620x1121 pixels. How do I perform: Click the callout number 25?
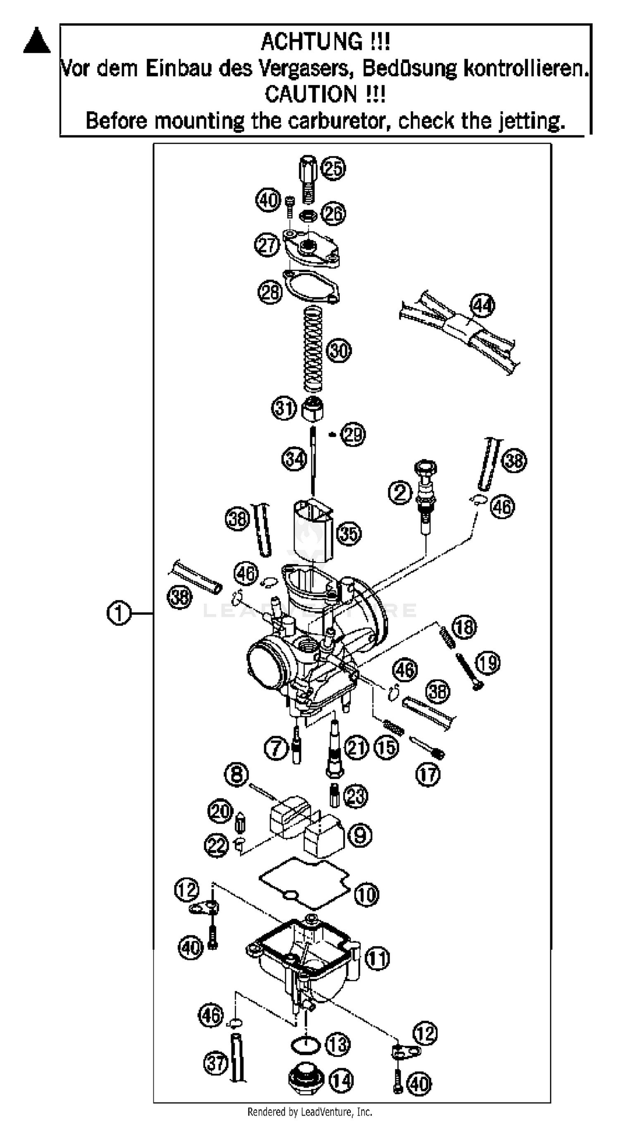pyautogui.click(x=333, y=168)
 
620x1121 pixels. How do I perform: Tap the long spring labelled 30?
pyautogui.click(x=313, y=348)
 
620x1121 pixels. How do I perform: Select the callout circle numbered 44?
pyautogui.click(x=483, y=305)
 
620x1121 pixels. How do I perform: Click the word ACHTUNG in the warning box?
pyautogui.click(x=312, y=42)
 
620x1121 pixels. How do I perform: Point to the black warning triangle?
pyautogui.click(x=36, y=41)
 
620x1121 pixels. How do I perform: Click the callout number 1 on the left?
pyautogui.click(x=119, y=613)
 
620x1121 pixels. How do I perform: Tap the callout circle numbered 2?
pyautogui.click(x=400, y=492)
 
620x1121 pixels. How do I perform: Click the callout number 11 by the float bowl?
pyautogui.click(x=377, y=959)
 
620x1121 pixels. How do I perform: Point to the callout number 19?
pyautogui.click(x=488, y=663)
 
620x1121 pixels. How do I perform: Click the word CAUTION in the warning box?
pyautogui.click(x=311, y=94)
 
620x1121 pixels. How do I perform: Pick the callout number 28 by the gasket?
pyautogui.click(x=270, y=291)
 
